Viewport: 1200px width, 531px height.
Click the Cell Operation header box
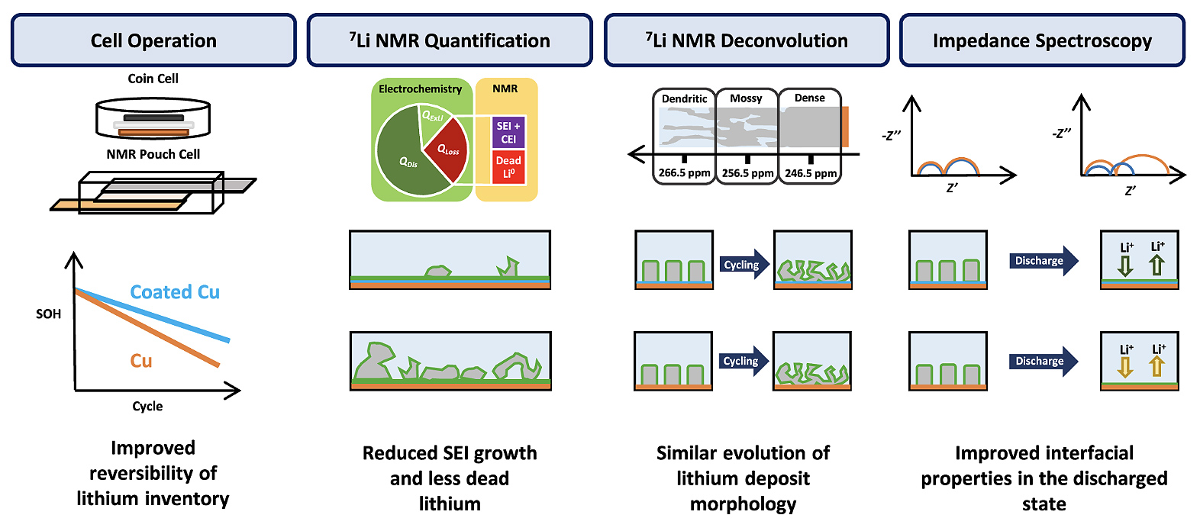coord(153,40)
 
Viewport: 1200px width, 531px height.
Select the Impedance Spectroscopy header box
coord(1042,40)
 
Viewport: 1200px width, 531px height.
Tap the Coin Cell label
coord(153,79)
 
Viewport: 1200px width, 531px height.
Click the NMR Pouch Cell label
coord(153,154)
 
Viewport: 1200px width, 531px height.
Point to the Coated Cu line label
coord(175,292)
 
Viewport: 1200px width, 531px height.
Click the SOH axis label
coord(48,314)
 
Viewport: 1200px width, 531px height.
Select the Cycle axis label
coord(147,406)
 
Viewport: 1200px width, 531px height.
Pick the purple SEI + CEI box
coord(508,132)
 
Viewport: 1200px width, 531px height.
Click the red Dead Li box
coord(508,166)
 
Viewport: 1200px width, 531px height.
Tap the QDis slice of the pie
coord(405,162)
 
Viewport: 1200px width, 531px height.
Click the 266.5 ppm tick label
coord(684,173)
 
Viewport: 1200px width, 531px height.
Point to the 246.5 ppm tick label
coord(811,173)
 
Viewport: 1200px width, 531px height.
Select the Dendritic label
coord(684,98)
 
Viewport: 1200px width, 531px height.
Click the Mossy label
coord(746,98)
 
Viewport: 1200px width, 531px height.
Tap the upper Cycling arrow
coord(744,265)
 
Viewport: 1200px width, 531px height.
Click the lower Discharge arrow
coord(1042,361)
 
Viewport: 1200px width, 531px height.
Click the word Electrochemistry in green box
coord(420,89)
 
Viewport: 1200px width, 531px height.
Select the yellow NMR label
coord(505,89)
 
